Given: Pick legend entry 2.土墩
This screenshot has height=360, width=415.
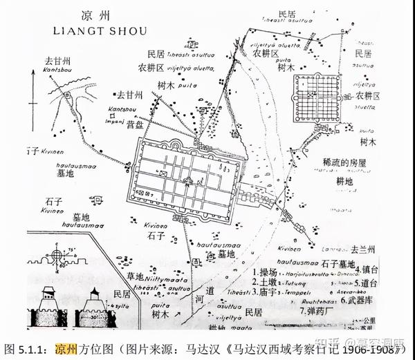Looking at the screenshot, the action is [x=266, y=283].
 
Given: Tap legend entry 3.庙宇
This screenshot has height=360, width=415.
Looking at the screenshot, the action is [x=266, y=293].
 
